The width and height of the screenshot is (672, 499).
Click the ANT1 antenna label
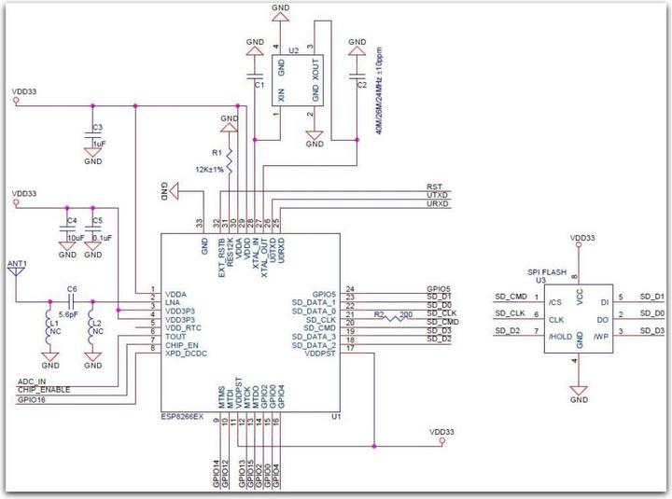17,264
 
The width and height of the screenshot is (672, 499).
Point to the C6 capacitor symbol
73,302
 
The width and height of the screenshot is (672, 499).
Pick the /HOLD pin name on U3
561,330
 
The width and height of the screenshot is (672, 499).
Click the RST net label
434,186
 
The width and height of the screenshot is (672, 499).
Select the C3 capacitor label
98,127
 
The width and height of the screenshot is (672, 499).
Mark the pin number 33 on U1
199,222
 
